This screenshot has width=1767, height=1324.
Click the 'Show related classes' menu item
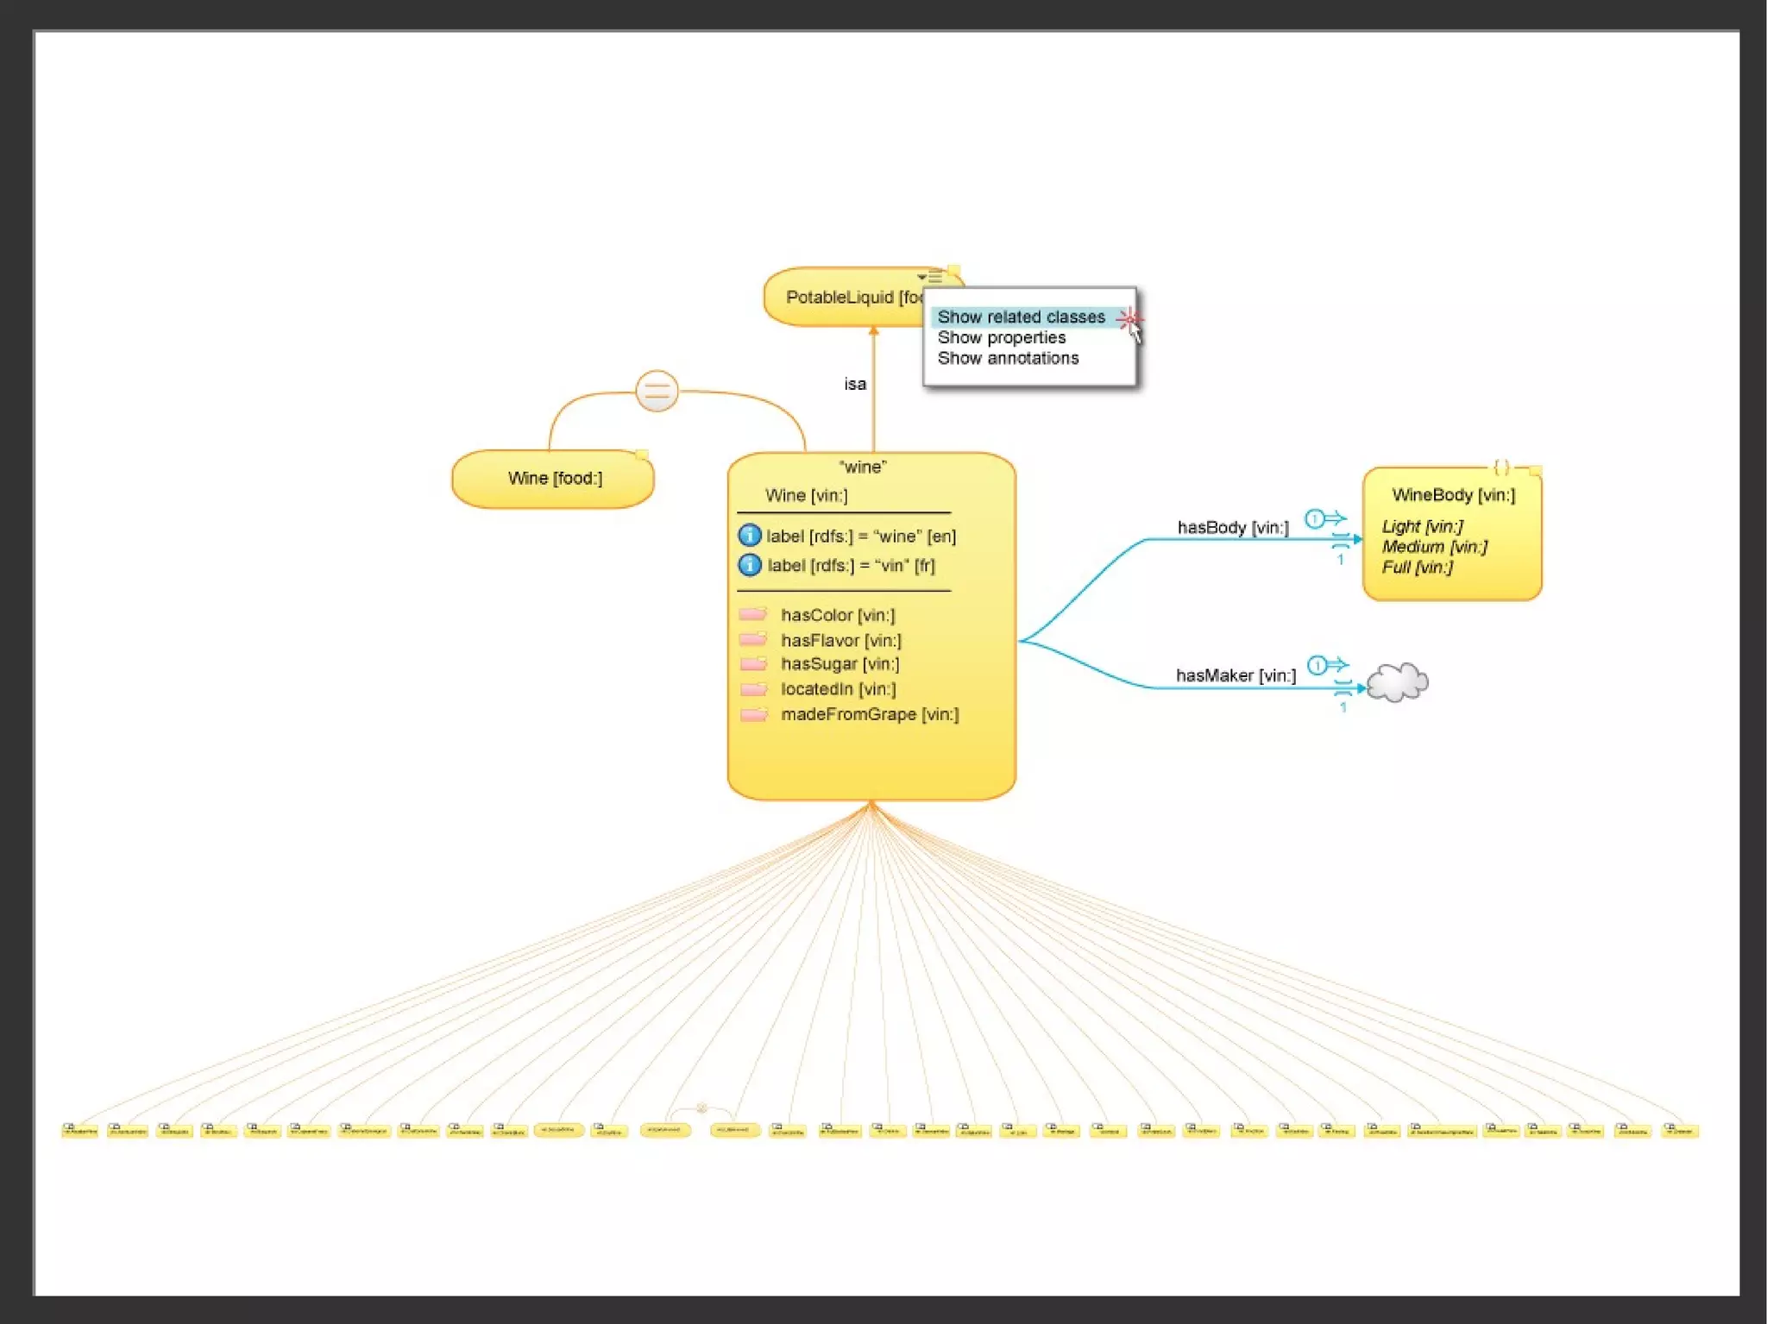[1021, 317]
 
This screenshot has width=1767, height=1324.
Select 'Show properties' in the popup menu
[1001, 338]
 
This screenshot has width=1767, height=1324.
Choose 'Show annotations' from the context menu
[1008, 359]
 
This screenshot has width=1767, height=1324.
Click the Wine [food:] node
[554, 479]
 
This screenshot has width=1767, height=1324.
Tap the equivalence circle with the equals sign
[657, 392]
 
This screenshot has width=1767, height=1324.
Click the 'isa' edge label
[855, 385]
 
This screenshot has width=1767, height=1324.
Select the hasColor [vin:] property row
[837, 616]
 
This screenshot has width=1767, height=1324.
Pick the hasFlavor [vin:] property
[840, 641]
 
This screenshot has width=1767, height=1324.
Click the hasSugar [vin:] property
[839, 664]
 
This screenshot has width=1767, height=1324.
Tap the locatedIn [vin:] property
[838, 689]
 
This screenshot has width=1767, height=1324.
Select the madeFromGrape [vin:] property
[869, 714]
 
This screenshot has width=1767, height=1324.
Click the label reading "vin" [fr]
[850, 566]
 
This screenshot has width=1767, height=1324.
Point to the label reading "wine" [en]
[860, 537]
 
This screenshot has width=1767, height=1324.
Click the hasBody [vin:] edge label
[1232, 528]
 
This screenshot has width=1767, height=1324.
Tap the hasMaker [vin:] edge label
[1235, 676]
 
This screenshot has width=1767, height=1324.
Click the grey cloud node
[1397, 683]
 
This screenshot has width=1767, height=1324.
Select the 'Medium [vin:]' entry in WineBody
[1434, 547]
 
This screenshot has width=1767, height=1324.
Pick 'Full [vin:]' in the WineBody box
[1417, 568]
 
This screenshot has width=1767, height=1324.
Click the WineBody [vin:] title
[1453, 495]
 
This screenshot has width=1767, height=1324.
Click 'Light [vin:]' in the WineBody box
[1422, 526]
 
